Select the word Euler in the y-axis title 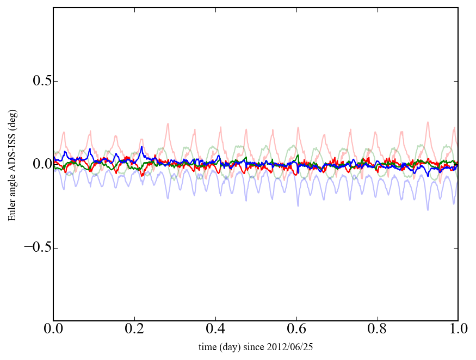[x=12, y=210]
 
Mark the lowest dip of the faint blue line [x=428, y=209]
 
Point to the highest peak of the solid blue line [x=142, y=146]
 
